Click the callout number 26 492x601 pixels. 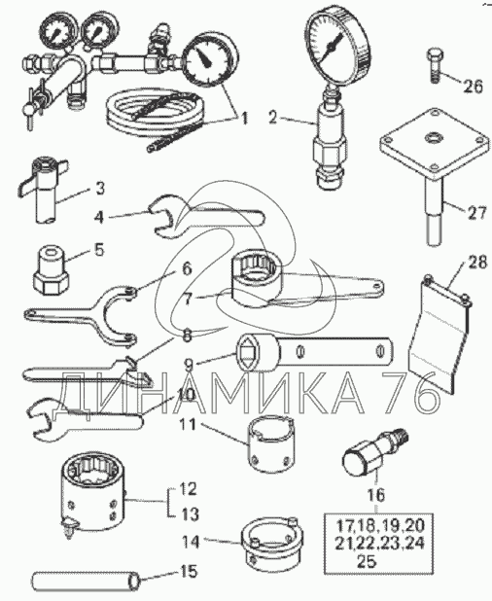(473, 86)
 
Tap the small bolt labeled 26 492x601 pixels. (434, 64)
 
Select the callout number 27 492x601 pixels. (476, 212)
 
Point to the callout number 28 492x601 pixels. (476, 263)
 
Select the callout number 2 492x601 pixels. (273, 118)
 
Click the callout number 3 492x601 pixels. (99, 189)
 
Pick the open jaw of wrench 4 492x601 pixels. (162, 217)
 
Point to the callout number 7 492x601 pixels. (187, 300)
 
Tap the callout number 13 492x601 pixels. (189, 514)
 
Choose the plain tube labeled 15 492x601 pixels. (87, 582)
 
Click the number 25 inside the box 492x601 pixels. (368, 562)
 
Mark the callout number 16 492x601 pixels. (376, 494)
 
